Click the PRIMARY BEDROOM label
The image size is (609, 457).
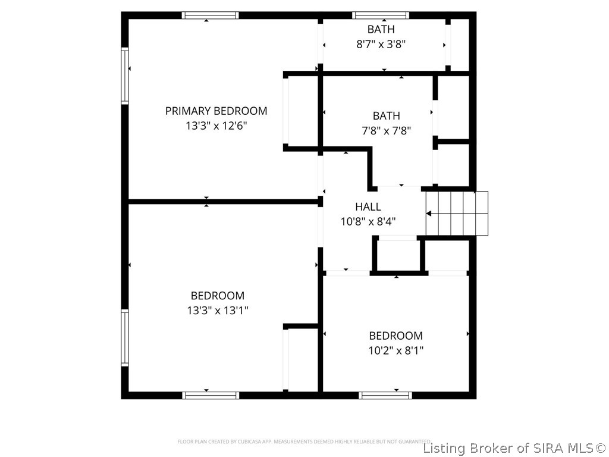point(216,111)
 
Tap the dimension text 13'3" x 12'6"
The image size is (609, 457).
point(216,126)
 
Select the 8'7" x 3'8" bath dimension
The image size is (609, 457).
point(381,44)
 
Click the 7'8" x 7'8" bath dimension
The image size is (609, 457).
point(387,130)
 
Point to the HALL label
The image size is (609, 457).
point(368,207)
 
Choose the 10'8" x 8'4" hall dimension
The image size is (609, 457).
point(368,221)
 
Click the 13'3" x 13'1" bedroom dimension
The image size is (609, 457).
point(217,310)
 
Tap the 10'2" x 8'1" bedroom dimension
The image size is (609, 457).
point(395,350)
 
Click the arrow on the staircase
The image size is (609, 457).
point(440,213)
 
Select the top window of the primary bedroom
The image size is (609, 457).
point(210,15)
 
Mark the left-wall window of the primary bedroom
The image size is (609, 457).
point(125,77)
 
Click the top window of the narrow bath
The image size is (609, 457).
point(381,15)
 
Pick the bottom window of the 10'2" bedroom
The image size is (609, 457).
point(386,395)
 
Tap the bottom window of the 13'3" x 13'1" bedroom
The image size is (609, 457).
point(211,395)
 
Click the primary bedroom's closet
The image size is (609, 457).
point(302,111)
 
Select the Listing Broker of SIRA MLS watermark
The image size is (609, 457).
point(514,447)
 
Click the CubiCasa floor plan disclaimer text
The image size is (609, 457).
point(304,442)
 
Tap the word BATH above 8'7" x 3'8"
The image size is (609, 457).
point(381,29)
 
